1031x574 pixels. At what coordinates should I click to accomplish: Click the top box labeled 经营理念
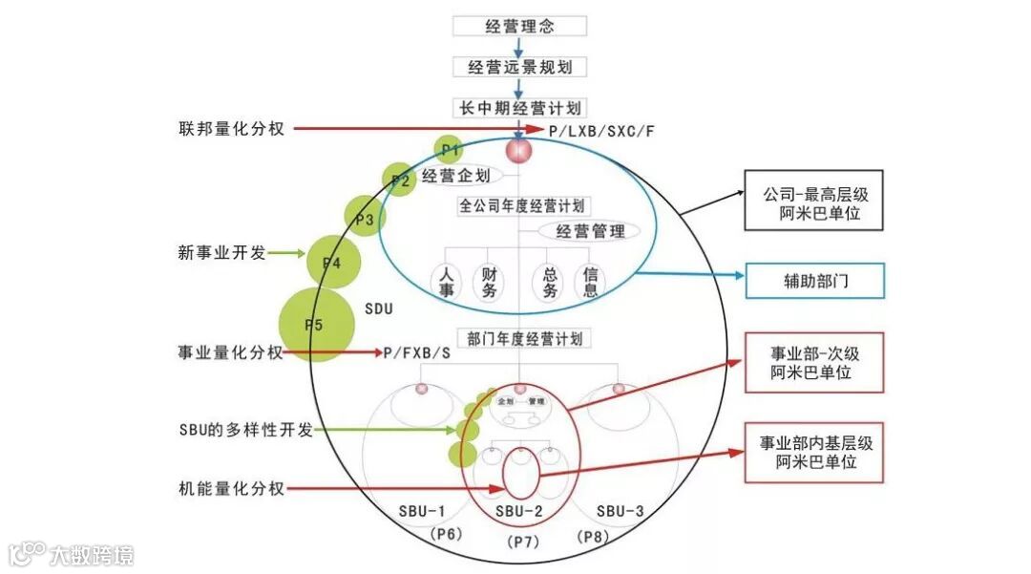click(x=518, y=26)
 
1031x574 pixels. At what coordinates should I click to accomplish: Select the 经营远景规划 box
click(x=518, y=67)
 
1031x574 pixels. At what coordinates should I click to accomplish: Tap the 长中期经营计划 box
click(x=518, y=108)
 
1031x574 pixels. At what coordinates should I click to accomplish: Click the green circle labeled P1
click(x=450, y=149)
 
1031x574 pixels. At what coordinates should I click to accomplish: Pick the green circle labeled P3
click(x=364, y=219)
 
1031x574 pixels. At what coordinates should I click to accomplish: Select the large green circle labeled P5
click(x=315, y=325)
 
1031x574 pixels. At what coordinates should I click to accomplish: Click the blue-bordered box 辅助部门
click(x=814, y=281)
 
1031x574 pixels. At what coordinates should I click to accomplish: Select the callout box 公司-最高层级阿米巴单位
click(x=814, y=202)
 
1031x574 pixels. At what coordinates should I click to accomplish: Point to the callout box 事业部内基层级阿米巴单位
click(x=814, y=453)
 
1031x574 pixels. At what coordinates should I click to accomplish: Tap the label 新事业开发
click(x=221, y=253)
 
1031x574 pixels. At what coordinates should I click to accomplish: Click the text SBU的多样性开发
click(x=245, y=430)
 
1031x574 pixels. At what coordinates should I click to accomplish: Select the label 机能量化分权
click(x=231, y=489)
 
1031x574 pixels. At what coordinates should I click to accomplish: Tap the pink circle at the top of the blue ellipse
click(x=519, y=151)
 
